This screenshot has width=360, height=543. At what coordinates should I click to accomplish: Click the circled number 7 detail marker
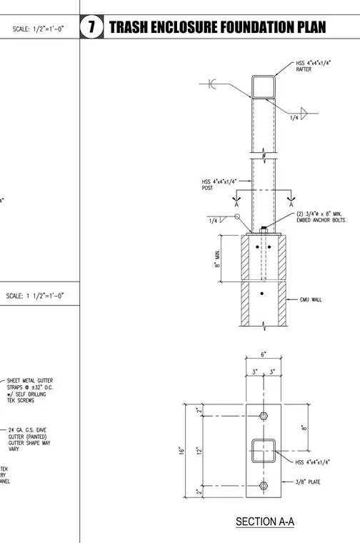(91, 26)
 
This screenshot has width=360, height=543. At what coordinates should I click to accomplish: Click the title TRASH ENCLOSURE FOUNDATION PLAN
(217, 27)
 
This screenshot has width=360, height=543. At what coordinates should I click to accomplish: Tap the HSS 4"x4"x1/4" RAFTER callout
(314, 66)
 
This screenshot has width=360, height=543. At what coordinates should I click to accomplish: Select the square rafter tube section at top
(264, 86)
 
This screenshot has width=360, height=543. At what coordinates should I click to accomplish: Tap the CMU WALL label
(311, 299)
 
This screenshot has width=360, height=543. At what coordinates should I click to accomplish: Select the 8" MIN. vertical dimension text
(217, 259)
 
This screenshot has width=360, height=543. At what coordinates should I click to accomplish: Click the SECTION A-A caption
(265, 521)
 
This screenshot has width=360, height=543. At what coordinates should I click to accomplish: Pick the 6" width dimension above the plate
(264, 354)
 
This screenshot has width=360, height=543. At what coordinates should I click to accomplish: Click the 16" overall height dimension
(181, 451)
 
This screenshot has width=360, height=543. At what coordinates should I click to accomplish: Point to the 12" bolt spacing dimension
(199, 451)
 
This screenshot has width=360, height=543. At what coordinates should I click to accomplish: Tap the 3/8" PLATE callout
(308, 482)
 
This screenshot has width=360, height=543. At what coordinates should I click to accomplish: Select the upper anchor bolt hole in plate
(264, 416)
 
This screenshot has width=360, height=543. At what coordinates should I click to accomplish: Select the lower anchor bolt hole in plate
(264, 486)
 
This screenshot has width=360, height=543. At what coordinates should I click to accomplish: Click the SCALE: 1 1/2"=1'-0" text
(35, 296)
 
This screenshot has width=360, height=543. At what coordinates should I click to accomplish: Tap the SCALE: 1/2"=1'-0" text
(38, 29)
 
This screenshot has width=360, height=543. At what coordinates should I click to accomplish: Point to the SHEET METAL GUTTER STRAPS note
(30, 390)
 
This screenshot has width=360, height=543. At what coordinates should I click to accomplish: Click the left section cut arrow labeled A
(236, 198)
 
